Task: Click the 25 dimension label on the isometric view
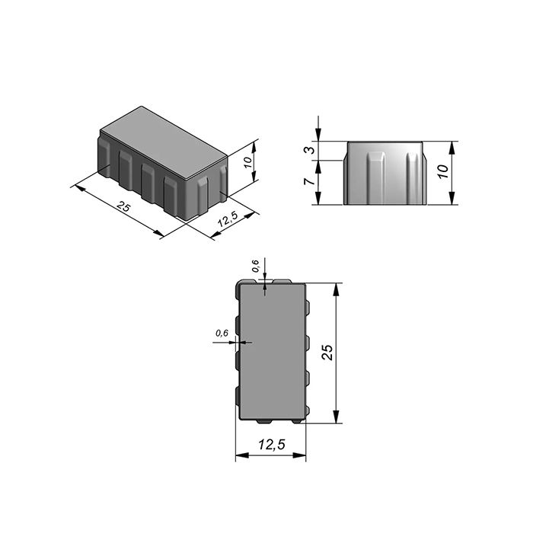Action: click(x=122, y=206)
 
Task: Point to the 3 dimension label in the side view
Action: click(x=309, y=150)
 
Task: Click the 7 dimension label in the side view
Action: click(x=309, y=183)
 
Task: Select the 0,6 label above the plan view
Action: click(x=256, y=266)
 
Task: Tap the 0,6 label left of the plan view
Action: click(x=222, y=333)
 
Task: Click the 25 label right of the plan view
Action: click(x=327, y=352)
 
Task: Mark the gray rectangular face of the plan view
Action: click(x=272, y=352)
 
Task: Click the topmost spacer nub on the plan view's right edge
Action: click(x=308, y=306)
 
